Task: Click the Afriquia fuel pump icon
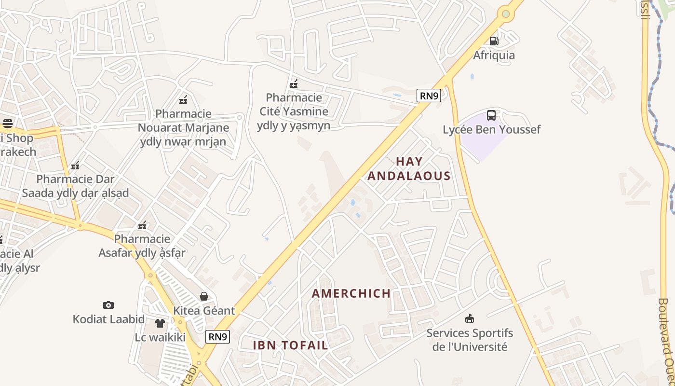494,41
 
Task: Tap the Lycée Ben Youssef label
492,129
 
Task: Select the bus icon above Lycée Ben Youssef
491,115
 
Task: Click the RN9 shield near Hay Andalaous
429,96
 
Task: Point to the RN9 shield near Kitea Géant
217,336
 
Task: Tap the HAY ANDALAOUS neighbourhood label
409,168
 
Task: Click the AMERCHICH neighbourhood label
351,293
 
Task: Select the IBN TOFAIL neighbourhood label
290,345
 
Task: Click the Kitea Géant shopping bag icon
204,296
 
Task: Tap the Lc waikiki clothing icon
160,323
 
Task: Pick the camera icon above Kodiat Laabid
108,305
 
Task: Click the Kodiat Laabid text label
108,319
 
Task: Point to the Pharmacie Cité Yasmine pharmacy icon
294,84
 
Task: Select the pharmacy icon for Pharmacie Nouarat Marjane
183,100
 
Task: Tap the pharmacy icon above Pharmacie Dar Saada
75,165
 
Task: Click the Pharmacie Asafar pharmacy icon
142,225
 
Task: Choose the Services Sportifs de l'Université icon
469,318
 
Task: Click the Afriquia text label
494,55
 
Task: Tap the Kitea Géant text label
204,310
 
